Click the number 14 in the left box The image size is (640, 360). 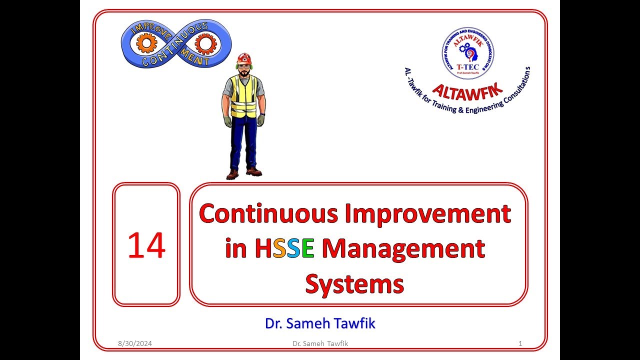146,245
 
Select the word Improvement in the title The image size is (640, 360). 427,214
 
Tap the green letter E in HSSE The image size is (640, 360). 307,249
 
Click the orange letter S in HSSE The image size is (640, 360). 279,249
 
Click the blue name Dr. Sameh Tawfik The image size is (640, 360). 320,323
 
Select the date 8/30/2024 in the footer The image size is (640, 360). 135,343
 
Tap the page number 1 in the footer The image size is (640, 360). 520,343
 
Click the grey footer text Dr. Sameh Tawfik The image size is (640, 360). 320,343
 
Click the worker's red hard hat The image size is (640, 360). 244,58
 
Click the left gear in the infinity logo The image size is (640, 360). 146,44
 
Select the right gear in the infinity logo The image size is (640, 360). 204,45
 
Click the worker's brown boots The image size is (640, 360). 243,173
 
